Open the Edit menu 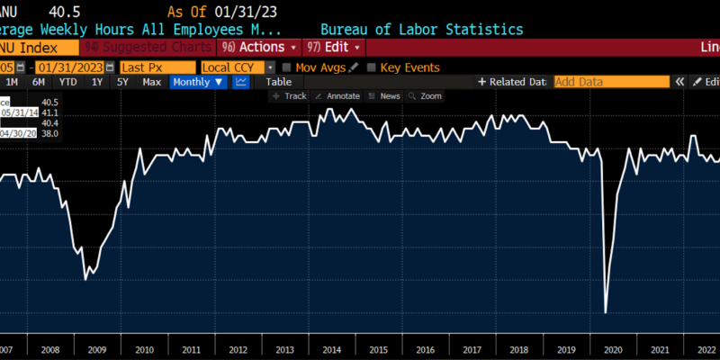click(x=334, y=47)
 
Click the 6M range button click(x=39, y=82)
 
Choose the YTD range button click(x=67, y=82)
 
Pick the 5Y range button click(x=122, y=82)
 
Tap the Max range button click(x=151, y=82)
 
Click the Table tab click(x=278, y=82)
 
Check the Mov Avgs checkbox click(x=286, y=67)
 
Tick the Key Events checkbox click(x=372, y=67)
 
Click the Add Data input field click(x=611, y=82)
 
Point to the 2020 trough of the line click(x=606, y=313)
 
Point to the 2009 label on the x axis click(x=96, y=349)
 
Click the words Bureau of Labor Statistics click(x=421, y=30)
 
